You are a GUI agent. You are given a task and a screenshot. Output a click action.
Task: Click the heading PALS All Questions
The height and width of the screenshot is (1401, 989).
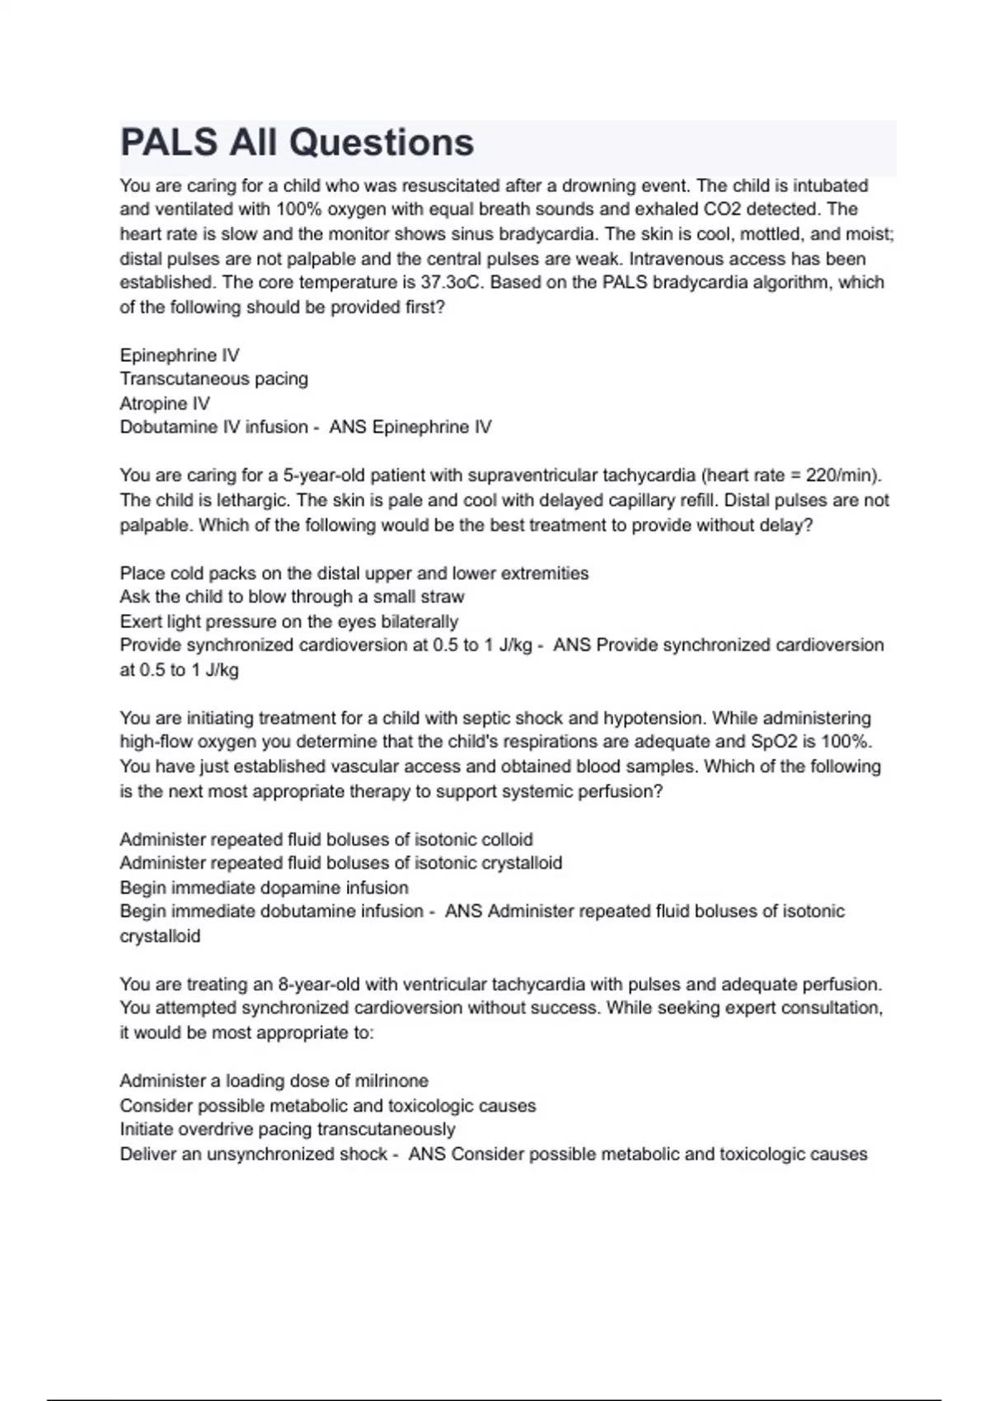297,143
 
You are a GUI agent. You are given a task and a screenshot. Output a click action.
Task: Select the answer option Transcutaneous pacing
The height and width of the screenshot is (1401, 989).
213,379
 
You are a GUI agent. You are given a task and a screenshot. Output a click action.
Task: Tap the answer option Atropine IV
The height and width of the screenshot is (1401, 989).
165,404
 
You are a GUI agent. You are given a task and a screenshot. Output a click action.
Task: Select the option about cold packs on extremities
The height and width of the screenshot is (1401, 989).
354,574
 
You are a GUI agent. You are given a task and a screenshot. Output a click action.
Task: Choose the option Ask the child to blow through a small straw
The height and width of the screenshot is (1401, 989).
292,597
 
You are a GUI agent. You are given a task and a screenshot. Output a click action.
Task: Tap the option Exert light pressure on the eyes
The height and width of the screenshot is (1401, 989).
288,621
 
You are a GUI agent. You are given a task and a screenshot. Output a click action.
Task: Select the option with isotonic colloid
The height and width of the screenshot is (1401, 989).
326,840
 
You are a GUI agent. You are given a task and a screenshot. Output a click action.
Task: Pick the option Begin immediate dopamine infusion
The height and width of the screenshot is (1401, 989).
264,888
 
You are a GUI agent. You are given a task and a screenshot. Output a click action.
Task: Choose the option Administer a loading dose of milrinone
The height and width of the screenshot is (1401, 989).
274,1081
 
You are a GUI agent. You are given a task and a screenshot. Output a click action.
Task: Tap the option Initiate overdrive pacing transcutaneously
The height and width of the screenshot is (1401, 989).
287,1130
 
